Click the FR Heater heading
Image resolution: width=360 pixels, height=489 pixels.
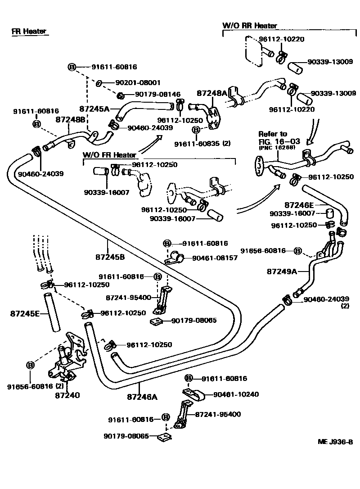(29, 32)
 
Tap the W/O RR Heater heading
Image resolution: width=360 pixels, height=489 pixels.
(250, 26)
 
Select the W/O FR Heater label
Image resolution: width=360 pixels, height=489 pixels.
(109, 155)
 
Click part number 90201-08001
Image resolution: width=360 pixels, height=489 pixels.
(138, 83)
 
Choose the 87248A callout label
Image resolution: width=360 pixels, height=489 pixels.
(211, 93)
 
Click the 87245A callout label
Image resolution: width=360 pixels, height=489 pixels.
(94, 109)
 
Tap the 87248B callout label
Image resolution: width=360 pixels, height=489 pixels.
(70, 120)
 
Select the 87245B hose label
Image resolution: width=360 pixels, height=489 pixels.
(110, 258)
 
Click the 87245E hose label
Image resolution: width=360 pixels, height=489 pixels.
(25, 313)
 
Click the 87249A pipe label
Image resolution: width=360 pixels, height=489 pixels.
(282, 272)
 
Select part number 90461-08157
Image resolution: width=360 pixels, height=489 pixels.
(215, 258)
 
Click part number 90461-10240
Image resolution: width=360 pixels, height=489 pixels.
(236, 394)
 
